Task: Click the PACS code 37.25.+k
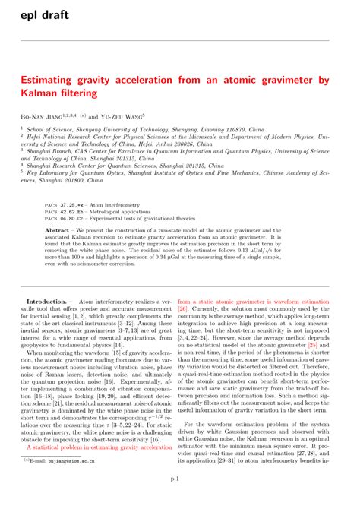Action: [77, 204]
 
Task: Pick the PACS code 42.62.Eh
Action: [77, 213]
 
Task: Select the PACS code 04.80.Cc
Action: [77, 220]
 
